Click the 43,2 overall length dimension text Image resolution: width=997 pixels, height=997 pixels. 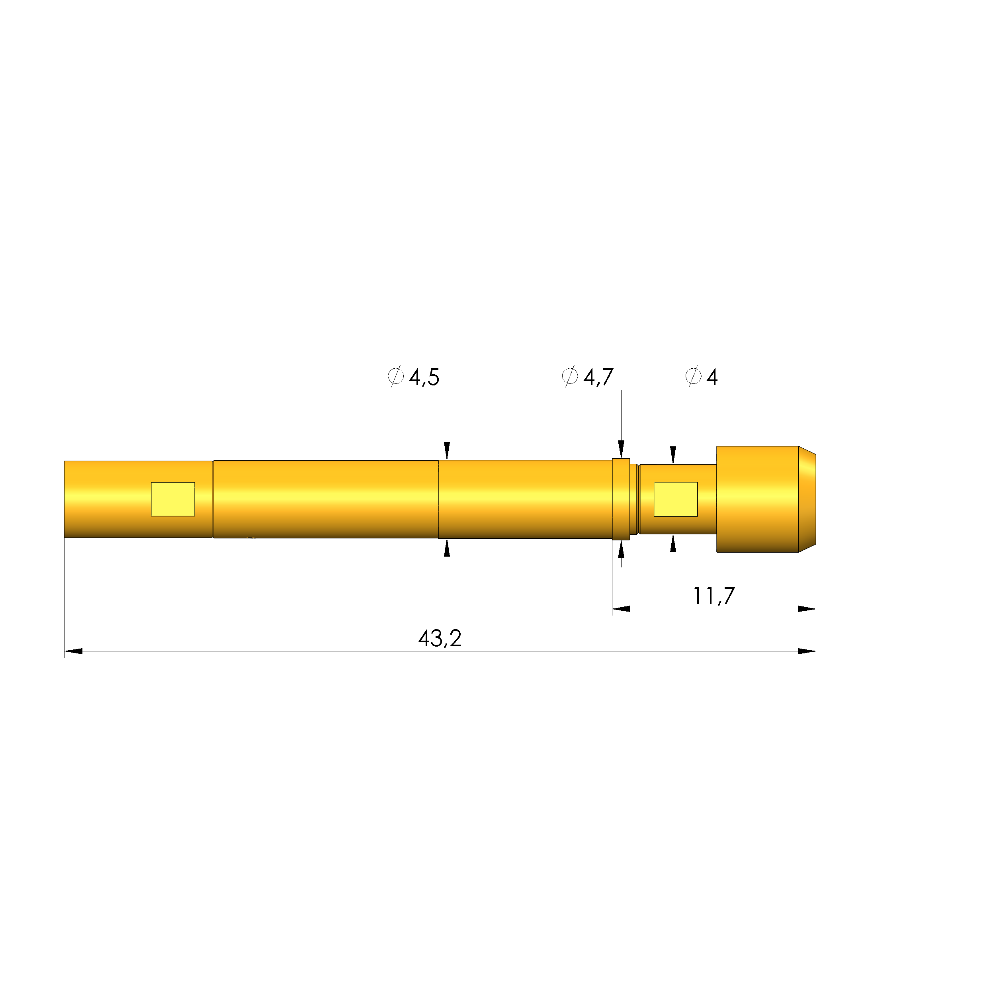point(440,639)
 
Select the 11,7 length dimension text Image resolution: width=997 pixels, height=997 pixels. point(714,596)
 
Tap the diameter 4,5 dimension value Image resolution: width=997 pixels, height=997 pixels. point(424,378)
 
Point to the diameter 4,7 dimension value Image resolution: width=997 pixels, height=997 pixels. point(598,378)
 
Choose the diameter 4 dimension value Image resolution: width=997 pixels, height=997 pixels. point(712,378)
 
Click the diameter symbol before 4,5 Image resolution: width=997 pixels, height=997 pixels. point(396,376)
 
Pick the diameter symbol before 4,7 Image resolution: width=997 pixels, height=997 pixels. point(570,376)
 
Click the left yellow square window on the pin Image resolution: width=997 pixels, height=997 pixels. point(173,499)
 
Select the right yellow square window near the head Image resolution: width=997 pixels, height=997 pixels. point(676,499)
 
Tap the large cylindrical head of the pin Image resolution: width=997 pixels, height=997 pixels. point(757,499)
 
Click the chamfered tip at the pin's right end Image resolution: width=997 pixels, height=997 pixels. point(807,499)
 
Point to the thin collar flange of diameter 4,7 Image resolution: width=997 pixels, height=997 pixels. point(621,499)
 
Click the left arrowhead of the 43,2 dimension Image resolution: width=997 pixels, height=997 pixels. point(74,651)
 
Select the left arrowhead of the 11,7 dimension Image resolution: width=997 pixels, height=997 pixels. point(621,609)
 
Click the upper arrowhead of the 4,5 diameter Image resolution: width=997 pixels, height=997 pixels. point(447,450)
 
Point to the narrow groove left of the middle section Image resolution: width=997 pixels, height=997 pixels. point(213,499)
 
